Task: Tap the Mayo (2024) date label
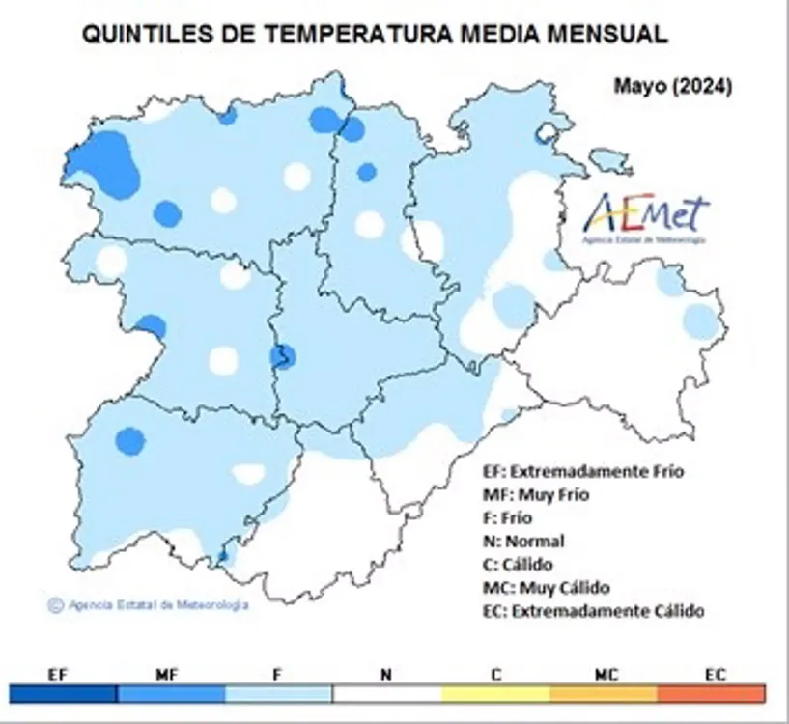coord(672,86)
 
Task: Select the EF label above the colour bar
coord(58,675)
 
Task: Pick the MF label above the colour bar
coord(167,675)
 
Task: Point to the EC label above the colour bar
coord(715,675)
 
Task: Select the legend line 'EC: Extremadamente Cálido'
coord(593,611)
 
